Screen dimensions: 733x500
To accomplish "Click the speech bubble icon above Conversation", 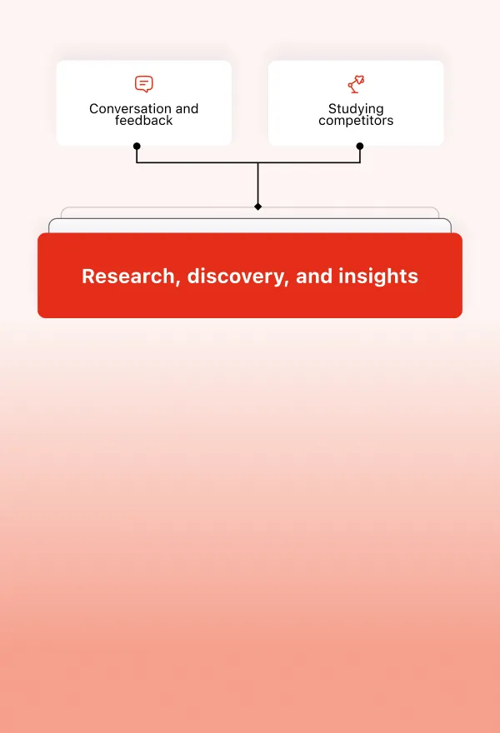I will tap(144, 84).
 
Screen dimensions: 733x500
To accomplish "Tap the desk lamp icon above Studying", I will tap(356, 84).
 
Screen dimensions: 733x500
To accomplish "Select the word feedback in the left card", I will tap(144, 121).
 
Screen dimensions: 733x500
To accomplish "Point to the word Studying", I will tap(356, 109).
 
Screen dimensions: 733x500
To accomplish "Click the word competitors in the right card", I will tap(356, 121).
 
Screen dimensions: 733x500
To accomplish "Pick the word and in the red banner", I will tap(314, 277).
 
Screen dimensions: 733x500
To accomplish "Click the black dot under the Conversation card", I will tap(137, 146).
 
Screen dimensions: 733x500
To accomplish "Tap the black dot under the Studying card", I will tap(360, 146).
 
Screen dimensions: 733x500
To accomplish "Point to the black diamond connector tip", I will tap(258, 206).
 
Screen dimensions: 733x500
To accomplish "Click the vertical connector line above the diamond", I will tap(258, 183).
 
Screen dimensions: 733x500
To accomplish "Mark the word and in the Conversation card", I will tap(187, 109).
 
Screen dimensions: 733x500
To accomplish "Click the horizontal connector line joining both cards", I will tap(200, 162).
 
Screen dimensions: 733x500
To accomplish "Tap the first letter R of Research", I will tap(87, 277).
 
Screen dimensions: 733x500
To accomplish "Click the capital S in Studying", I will tap(332, 109).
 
